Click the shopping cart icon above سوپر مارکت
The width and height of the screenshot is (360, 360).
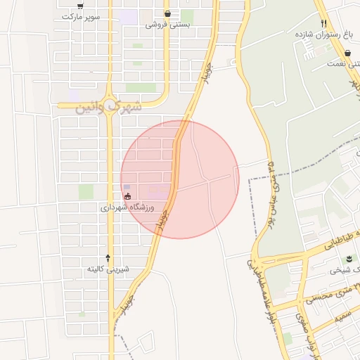(x=81, y=6)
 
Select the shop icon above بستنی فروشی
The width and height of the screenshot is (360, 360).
(x=167, y=13)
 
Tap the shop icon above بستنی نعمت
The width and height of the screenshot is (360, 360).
(x=348, y=53)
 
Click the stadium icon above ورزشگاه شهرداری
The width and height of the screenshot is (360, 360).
(x=127, y=196)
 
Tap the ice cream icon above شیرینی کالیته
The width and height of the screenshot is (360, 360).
(x=108, y=258)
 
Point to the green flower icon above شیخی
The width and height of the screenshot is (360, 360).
(x=346, y=259)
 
